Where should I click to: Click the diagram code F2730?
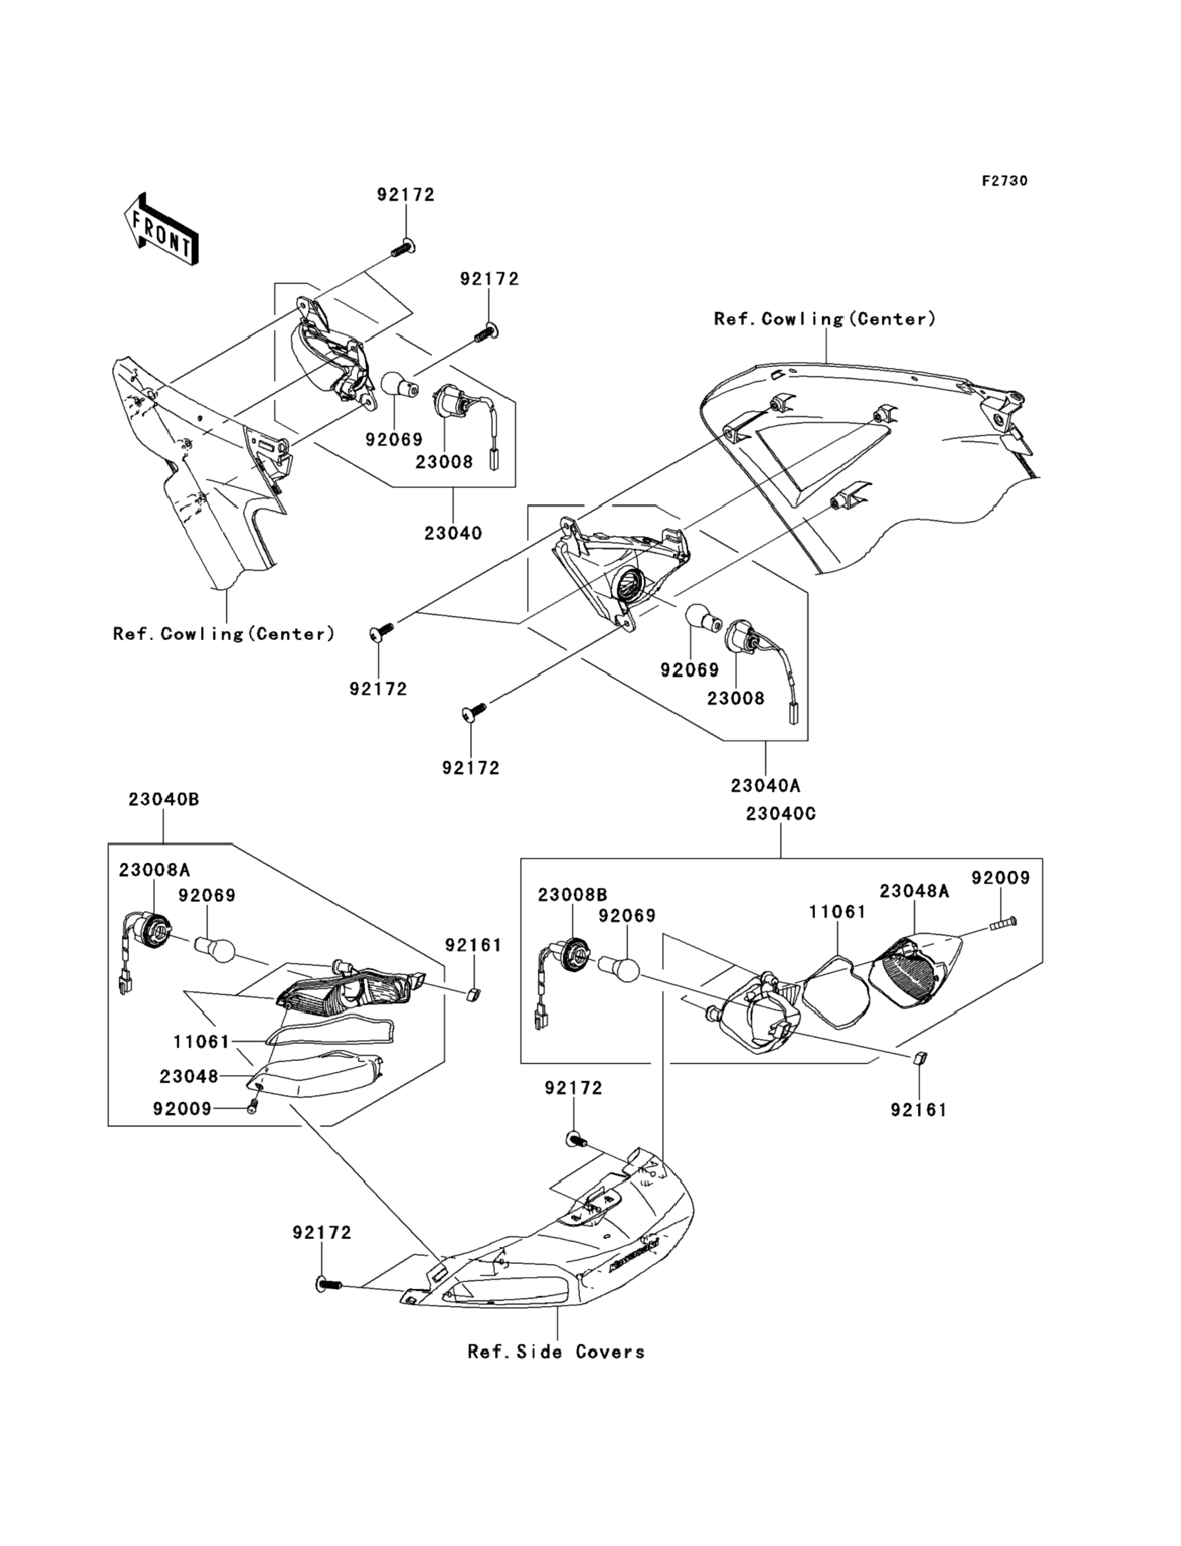coord(1004,181)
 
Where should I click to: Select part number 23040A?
coord(765,785)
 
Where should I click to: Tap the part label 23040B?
coord(164,799)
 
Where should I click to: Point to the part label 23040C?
coord(781,813)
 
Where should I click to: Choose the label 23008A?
coord(154,870)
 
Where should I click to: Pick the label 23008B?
coord(572,895)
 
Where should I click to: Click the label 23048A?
coord(914,891)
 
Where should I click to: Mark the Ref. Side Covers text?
coord(556,1352)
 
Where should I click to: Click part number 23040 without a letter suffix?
coord(453,533)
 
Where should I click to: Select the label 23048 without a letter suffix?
coord(189,1076)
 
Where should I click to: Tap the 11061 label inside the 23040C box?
coord(837,912)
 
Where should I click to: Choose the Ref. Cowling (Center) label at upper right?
coord(825,319)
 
